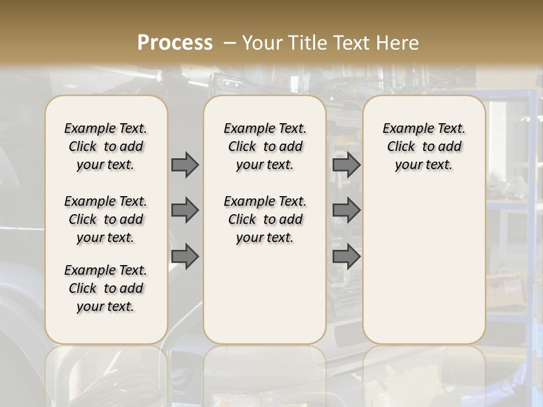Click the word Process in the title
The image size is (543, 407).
(175, 42)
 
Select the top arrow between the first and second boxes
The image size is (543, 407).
(185, 164)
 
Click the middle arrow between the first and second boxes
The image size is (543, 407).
(185, 210)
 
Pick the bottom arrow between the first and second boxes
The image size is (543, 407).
(185, 256)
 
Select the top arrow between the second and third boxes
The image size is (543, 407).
(346, 164)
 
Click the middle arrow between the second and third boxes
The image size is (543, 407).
(346, 210)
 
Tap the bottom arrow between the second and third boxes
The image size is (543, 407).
(346, 256)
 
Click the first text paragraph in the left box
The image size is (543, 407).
(106, 146)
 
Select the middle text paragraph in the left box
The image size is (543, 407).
(106, 219)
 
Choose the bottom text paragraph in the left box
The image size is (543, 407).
(106, 288)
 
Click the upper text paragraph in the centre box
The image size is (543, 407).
(265, 146)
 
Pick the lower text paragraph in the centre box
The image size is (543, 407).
(265, 219)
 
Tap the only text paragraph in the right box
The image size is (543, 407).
(424, 146)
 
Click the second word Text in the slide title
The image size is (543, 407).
(352, 42)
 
